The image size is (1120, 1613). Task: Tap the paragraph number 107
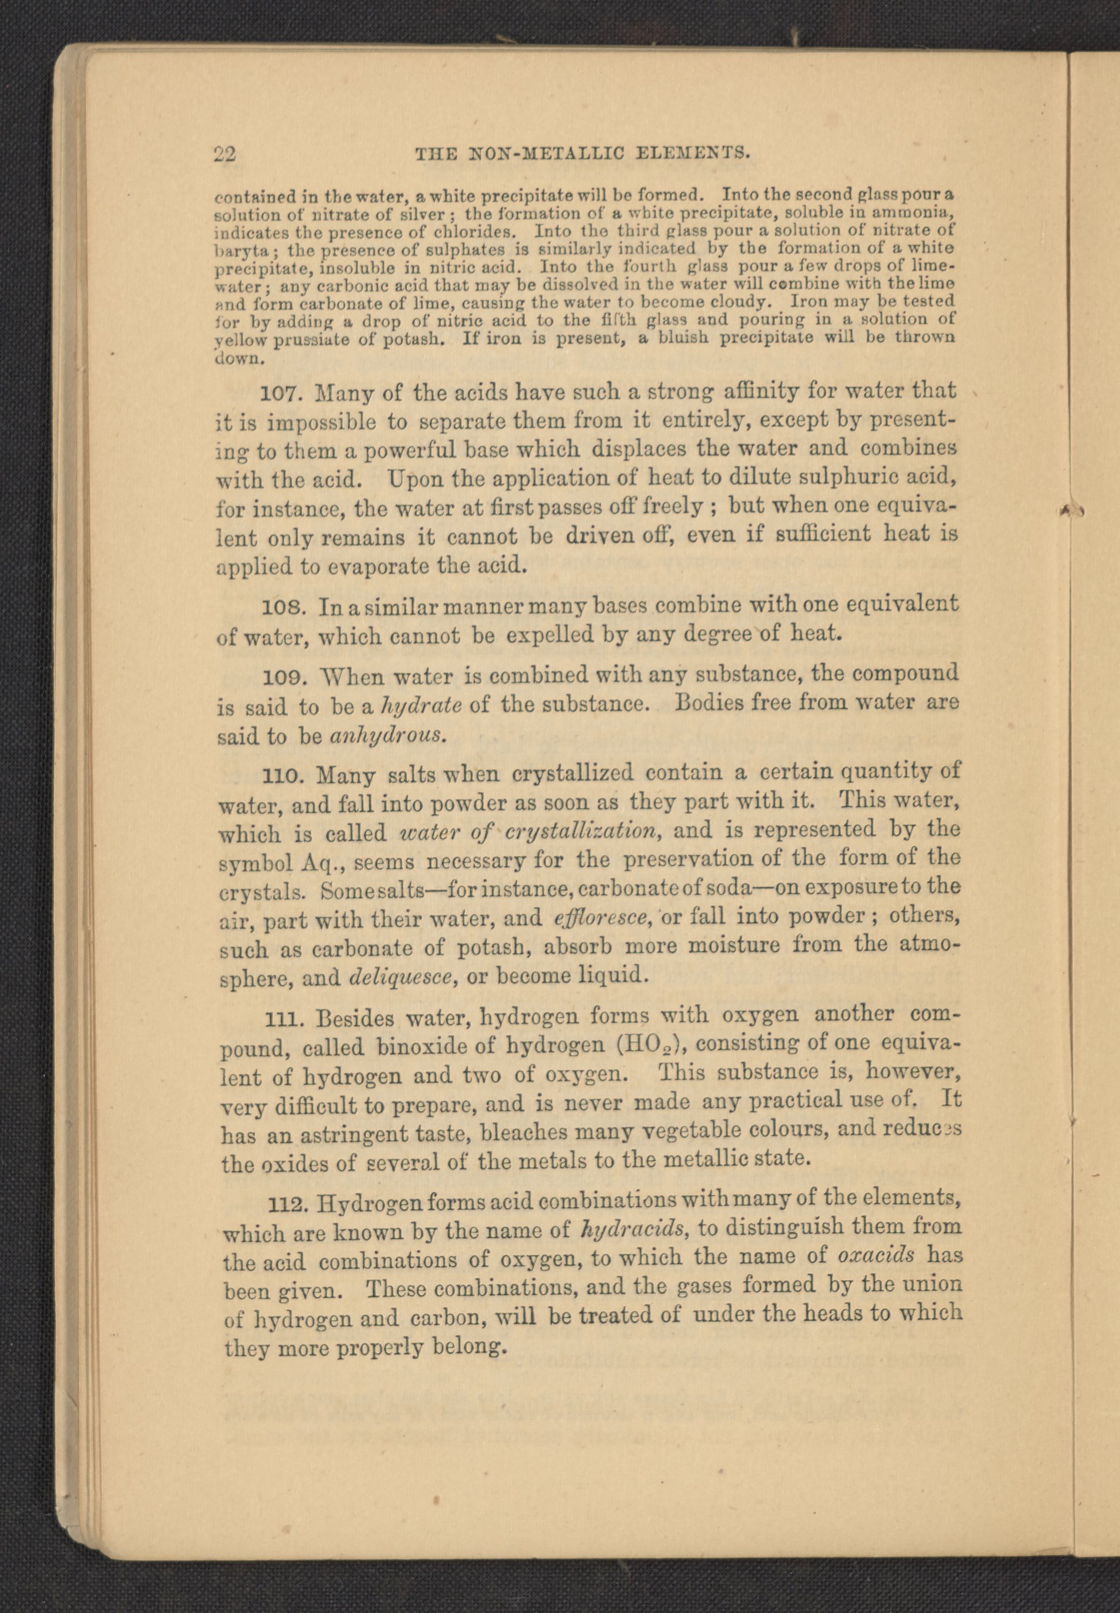[x=281, y=392]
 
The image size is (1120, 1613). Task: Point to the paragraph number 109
[x=284, y=678]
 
